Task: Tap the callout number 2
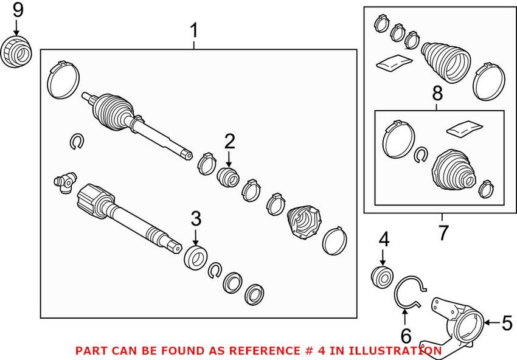pyautogui.click(x=229, y=142)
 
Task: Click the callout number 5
pyautogui.click(x=507, y=324)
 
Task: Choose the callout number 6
pyautogui.click(x=406, y=335)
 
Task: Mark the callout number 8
pyautogui.click(x=437, y=94)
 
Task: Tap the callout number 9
pyautogui.click(x=16, y=10)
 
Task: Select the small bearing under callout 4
pyautogui.click(x=381, y=276)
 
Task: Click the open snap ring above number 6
pyautogui.click(x=409, y=291)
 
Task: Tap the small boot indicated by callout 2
pyautogui.click(x=229, y=177)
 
